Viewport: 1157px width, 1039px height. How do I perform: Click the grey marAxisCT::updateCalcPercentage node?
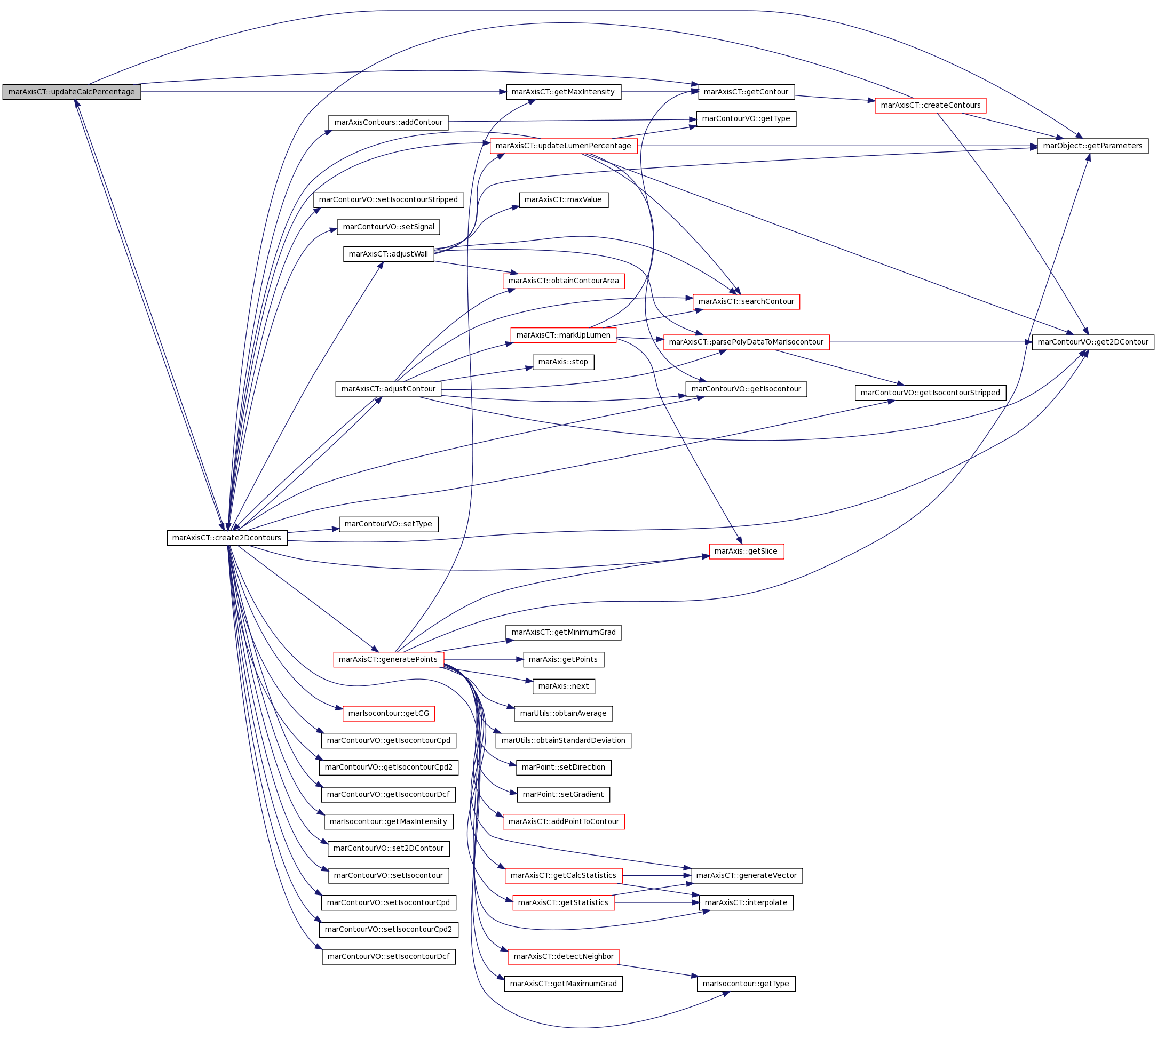72,92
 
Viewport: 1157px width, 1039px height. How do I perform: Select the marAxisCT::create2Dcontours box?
227,538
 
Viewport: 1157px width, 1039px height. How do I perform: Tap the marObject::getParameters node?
1092,146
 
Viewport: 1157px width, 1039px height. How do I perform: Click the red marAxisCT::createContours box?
930,105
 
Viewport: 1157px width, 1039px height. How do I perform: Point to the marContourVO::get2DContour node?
1092,342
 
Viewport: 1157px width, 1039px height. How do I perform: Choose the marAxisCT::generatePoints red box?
388,659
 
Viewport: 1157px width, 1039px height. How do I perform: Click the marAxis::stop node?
562,362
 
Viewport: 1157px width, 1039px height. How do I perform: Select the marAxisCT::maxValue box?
562,200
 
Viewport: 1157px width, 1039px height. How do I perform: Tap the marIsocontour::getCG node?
389,713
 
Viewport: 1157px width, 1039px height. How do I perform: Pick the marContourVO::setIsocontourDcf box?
389,956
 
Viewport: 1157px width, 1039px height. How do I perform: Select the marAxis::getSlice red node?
746,551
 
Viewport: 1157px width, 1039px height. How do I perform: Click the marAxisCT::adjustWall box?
389,254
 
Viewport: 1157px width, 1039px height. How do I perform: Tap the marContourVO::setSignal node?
389,227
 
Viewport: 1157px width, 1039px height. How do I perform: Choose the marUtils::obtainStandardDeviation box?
562,740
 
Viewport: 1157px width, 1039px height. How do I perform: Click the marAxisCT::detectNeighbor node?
562,956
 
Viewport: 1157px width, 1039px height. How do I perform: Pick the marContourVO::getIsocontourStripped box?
930,393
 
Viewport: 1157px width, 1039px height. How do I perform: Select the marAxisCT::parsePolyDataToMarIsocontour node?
746,342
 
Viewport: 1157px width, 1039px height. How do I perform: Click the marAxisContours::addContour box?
389,122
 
